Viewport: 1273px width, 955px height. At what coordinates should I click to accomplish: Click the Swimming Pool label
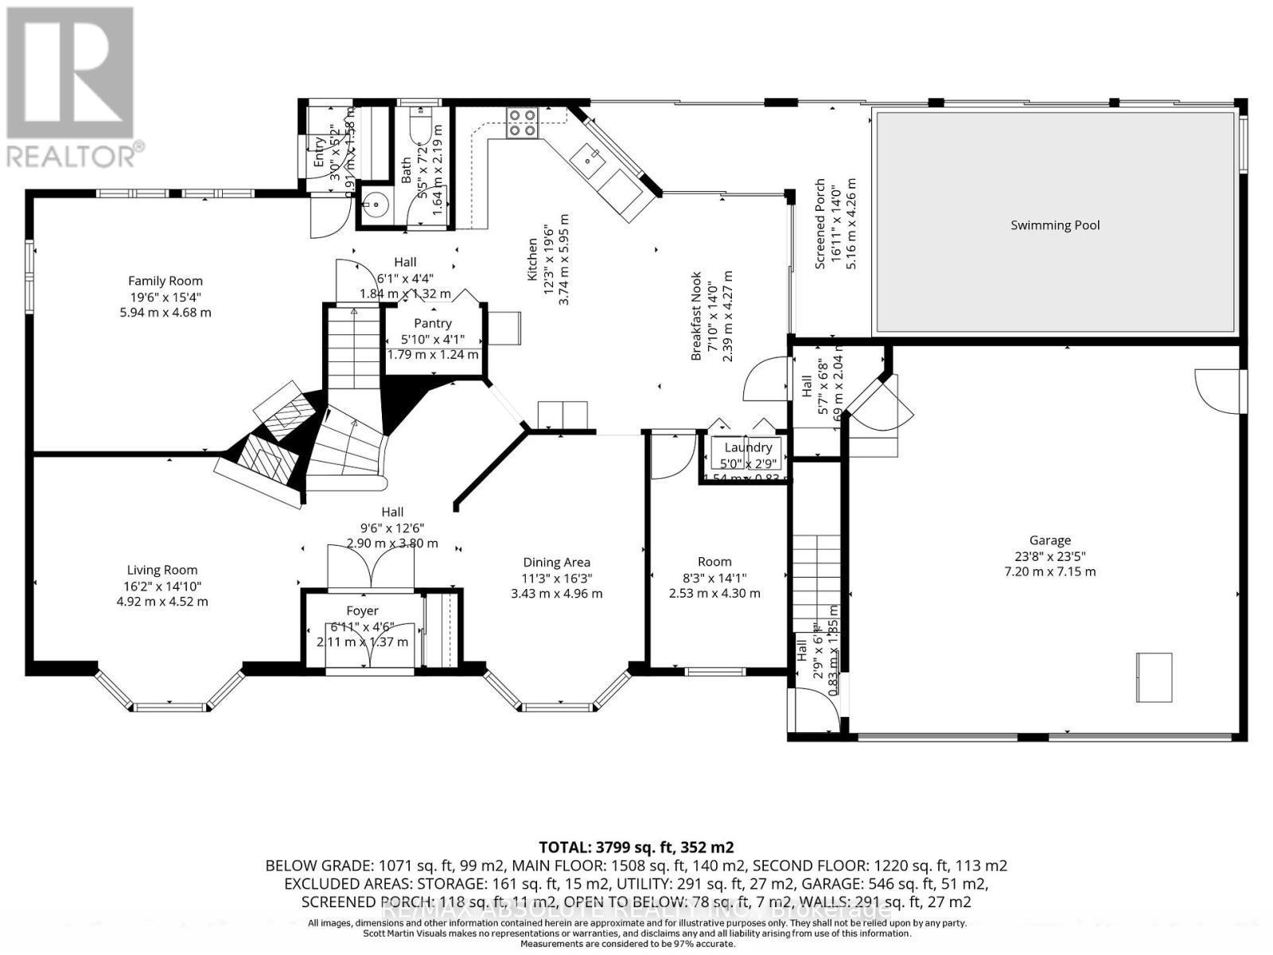coord(1055,225)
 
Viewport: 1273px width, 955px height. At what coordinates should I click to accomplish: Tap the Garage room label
coord(1049,540)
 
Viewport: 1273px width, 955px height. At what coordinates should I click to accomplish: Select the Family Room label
coord(165,281)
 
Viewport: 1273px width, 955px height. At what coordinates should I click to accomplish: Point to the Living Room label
coord(162,570)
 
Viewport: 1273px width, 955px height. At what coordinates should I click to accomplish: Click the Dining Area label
coord(556,563)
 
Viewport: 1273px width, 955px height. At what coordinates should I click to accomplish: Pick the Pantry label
coord(433,323)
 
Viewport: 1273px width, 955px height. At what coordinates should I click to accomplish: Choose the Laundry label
coord(748,447)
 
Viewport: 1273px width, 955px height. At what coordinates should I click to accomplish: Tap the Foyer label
coord(362,611)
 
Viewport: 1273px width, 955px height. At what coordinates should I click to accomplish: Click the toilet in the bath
coord(419,125)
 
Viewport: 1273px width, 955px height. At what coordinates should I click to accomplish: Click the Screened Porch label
coord(820,224)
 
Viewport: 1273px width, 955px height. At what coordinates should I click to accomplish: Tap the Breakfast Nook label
coord(696,316)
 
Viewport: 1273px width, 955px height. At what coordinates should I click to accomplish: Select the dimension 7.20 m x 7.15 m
coord(1049,571)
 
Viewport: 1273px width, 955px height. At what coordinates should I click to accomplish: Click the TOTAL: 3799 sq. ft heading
coord(636,847)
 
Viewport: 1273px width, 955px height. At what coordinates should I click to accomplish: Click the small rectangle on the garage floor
coord(1154,676)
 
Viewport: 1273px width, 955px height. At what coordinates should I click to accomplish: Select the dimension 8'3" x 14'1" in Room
coord(714,578)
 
